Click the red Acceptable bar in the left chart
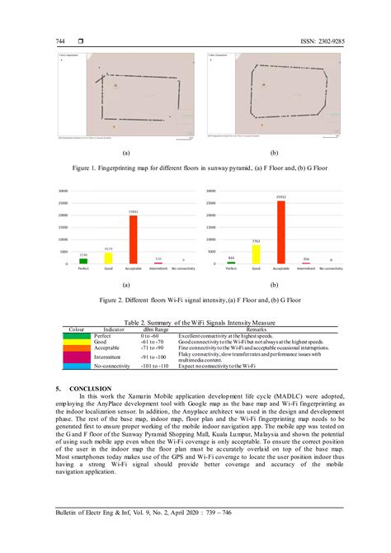132,239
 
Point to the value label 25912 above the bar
280,196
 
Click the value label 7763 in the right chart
256,241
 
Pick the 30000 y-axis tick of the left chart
63,191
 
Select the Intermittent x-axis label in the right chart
306,269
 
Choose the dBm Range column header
155,328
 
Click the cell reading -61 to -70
153,342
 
